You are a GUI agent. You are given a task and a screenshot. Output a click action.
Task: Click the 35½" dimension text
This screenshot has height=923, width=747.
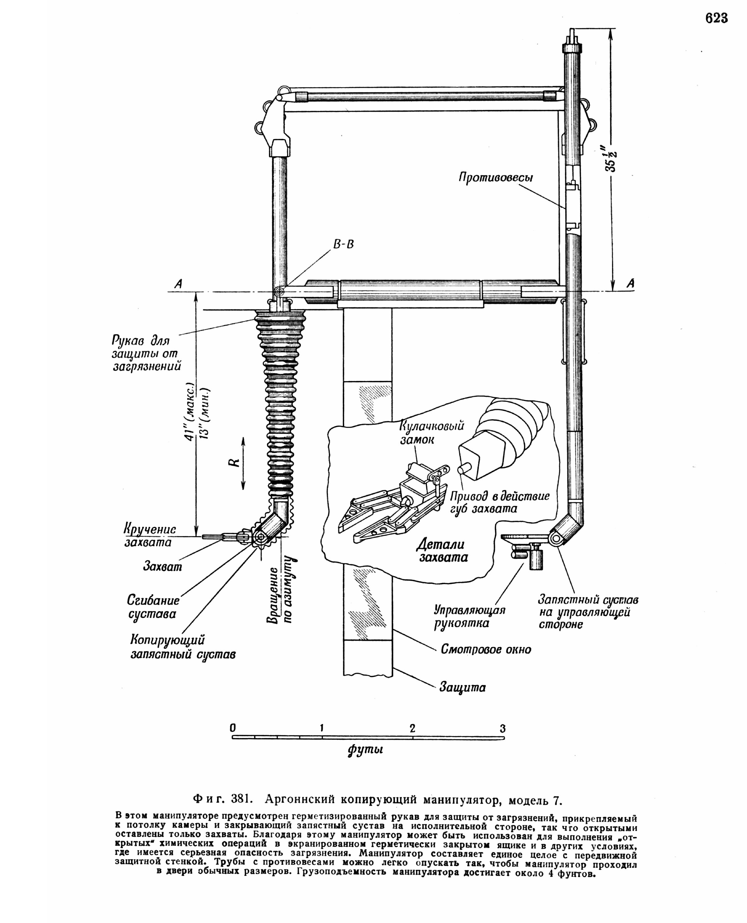[611, 158]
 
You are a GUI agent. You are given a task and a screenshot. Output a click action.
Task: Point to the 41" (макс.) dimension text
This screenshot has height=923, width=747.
[189, 412]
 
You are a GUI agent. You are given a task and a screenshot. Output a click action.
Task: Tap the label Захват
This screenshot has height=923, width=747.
[162, 567]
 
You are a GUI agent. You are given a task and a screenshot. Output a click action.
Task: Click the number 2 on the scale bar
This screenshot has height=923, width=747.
[412, 728]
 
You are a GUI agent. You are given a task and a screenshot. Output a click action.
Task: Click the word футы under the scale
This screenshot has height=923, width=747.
[365, 750]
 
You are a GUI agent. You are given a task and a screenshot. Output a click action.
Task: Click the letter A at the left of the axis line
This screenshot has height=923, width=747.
[178, 283]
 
